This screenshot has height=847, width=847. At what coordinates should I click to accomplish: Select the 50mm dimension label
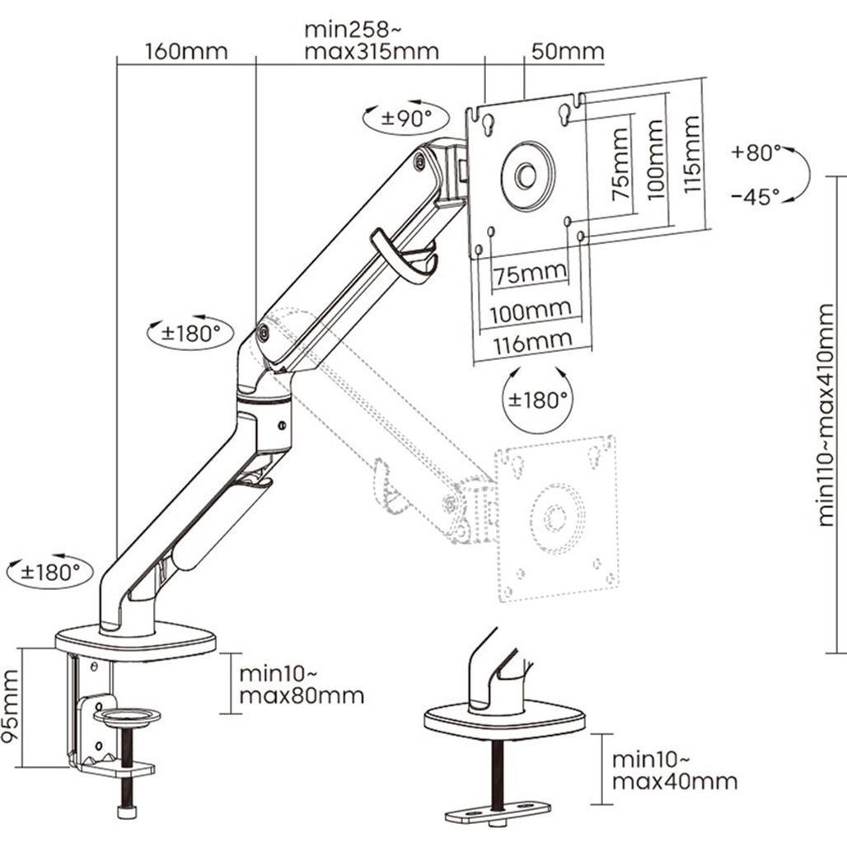tap(567, 51)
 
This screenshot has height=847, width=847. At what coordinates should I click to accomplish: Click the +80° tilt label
tap(755, 152)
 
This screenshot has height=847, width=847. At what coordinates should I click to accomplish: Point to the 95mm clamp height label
tap(11, 707)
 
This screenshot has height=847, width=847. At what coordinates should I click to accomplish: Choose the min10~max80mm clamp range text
tap(301, 684)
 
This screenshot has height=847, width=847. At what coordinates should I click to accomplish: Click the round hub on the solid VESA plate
tap(526, 175)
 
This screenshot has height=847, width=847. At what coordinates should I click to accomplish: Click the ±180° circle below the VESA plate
tap(538, 400)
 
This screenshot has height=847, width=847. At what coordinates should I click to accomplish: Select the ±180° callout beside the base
tap(50, 571)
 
